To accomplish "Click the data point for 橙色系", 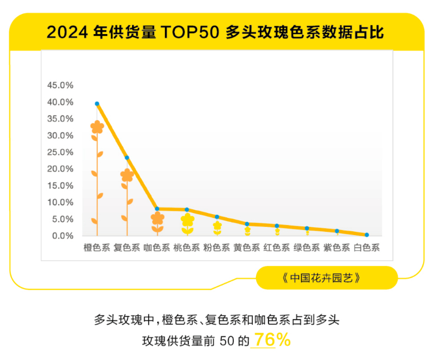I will [97, 103].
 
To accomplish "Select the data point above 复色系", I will [127, 157].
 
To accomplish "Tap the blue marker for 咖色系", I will [157, 209].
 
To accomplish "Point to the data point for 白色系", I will [367, 235].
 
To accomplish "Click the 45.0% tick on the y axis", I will [61, 85].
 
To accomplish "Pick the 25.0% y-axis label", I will [61, 152].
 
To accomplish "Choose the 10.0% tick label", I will [61, 202].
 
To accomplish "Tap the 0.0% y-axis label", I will [62, 236].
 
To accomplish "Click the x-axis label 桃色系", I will [186, 248].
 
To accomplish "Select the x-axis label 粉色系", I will [217, 248].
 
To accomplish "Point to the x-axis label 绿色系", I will [306, 248].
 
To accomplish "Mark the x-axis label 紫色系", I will [337, 248].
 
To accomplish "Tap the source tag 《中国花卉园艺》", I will [327, 277].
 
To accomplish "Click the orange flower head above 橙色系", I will [97, 127].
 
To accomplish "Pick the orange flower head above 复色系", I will [127, 175].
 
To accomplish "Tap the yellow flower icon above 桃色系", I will [188, 220].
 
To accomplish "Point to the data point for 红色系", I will [277, 226].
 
